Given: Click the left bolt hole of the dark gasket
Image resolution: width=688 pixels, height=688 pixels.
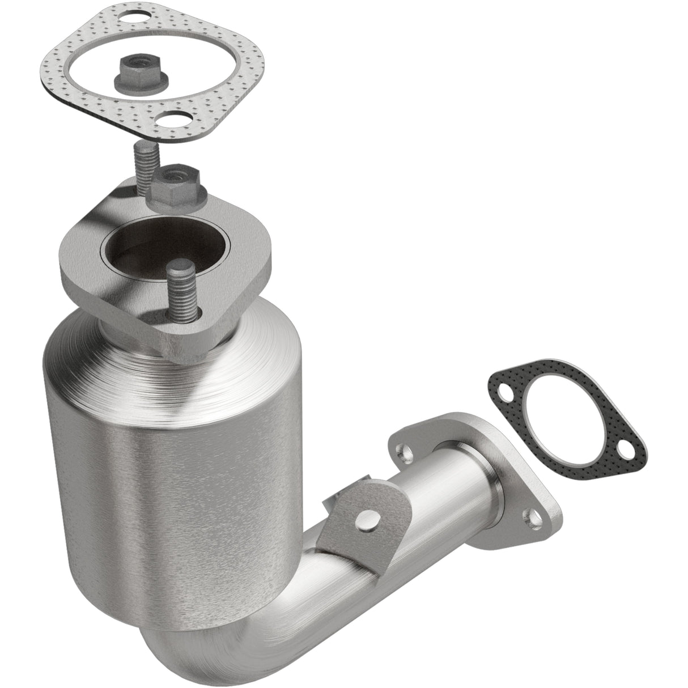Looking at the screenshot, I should click(504, 392).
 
